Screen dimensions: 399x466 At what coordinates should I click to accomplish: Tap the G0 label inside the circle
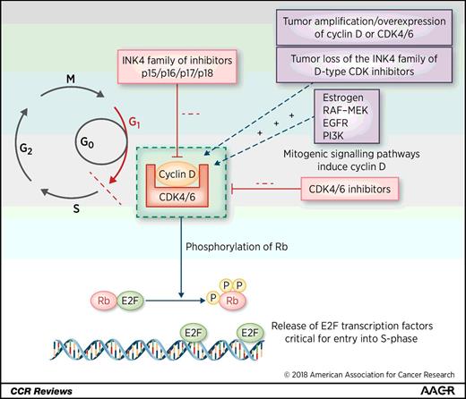pos(88,142)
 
